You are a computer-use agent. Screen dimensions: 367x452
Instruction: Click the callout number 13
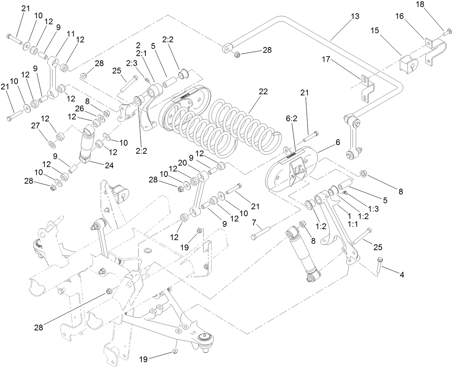point(355,16)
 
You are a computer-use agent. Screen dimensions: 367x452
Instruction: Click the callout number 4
point(402,275)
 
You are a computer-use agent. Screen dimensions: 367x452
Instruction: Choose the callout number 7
point(254,223)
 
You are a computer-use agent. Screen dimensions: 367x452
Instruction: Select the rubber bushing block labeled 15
point(409,65)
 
